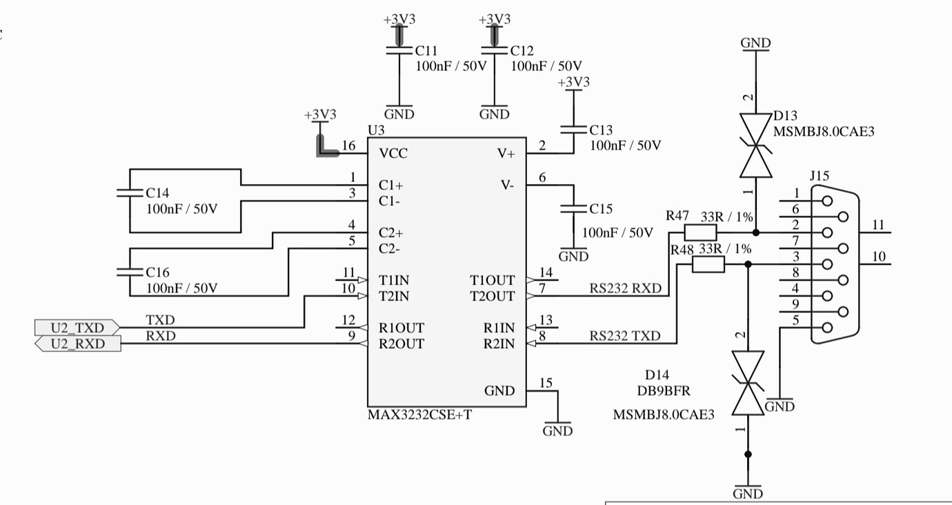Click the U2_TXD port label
pyautogui.click(x=77, y=327)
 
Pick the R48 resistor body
pyautogui.click(x=708, y=264)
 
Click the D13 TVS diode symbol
pyautogui.click(x=755, y=145)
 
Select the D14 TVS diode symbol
pyautogui.click(x=748, y=383)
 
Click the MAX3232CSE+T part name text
pyautogui.click(x=420, y=415)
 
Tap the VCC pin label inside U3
pyautogui.click(x=393, y=153)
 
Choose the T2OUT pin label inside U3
pyautogui.click(x=492, y=297)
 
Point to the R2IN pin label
pyautogui.click(x=498, y=344)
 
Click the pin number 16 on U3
pyautogui.click(x=348, y=146)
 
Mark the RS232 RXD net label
pyautogui.click(x=625, y=288)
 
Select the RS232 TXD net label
pyautogui.click(x=624, y=336)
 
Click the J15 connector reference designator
pyautogui.click(x=820, y=177)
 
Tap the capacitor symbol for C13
pyautogui.click(x=573, y=129)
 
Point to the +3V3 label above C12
pyautogui.click(x=495, y=19)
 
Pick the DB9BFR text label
pyautogui.click(x=664, y=391)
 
